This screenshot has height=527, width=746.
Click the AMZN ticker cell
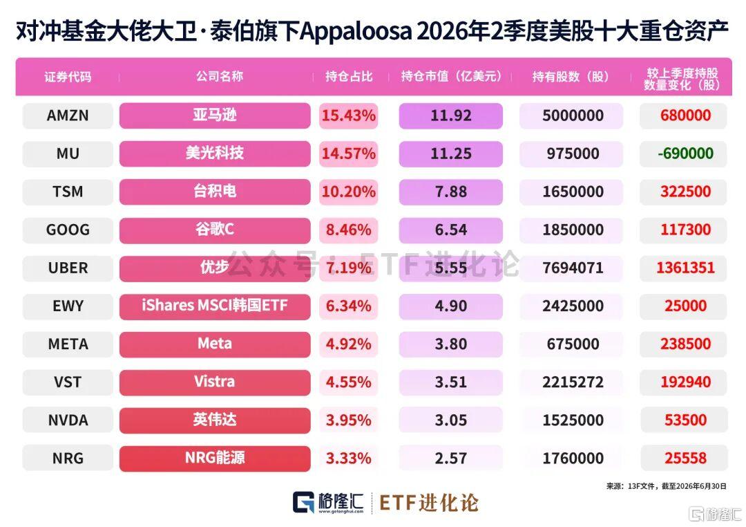(x=68, y=115)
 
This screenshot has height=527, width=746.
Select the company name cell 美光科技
(x=215, y=154)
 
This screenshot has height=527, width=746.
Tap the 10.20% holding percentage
(x=348, y=192)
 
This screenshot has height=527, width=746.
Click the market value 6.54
(x=450, y=230)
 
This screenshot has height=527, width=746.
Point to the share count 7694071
(x=573, y=268)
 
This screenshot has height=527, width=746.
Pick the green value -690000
(x=685, y=154)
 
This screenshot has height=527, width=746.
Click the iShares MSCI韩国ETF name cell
(x=215, y=306)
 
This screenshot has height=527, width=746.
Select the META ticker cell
(x=68, y=344)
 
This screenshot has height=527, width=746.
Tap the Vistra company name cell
(x=215, y=382)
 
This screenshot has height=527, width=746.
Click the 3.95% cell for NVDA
(x=348, y=420)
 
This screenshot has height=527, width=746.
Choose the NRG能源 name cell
(x=215, y=459)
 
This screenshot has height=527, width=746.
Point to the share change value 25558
(x=685, y=459)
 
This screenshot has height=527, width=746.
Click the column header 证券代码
(x=68, y=77)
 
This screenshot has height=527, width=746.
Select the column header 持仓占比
(x=349, y=77)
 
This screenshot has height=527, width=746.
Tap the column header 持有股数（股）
(x=571, y=77)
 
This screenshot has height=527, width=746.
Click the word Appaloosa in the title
(x=356, y=32)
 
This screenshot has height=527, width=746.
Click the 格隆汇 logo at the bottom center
(x=328, y=503)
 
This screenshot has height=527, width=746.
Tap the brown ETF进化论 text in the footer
(x=429, y=503)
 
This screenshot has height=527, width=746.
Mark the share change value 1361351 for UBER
(x=685, y=268)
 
